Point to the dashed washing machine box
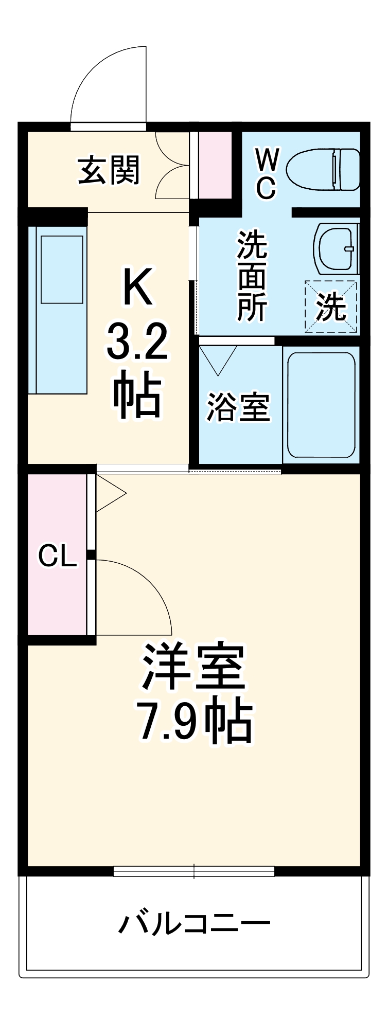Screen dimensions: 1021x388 [331, 307]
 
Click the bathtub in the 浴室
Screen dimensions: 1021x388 [321, 404]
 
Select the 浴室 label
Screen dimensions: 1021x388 [238, 407]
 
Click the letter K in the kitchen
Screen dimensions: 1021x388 [137, 286]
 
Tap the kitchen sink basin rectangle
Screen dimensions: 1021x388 [62, 269]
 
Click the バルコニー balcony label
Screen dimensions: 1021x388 [194, 923]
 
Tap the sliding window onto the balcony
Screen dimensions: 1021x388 [194, 871]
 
